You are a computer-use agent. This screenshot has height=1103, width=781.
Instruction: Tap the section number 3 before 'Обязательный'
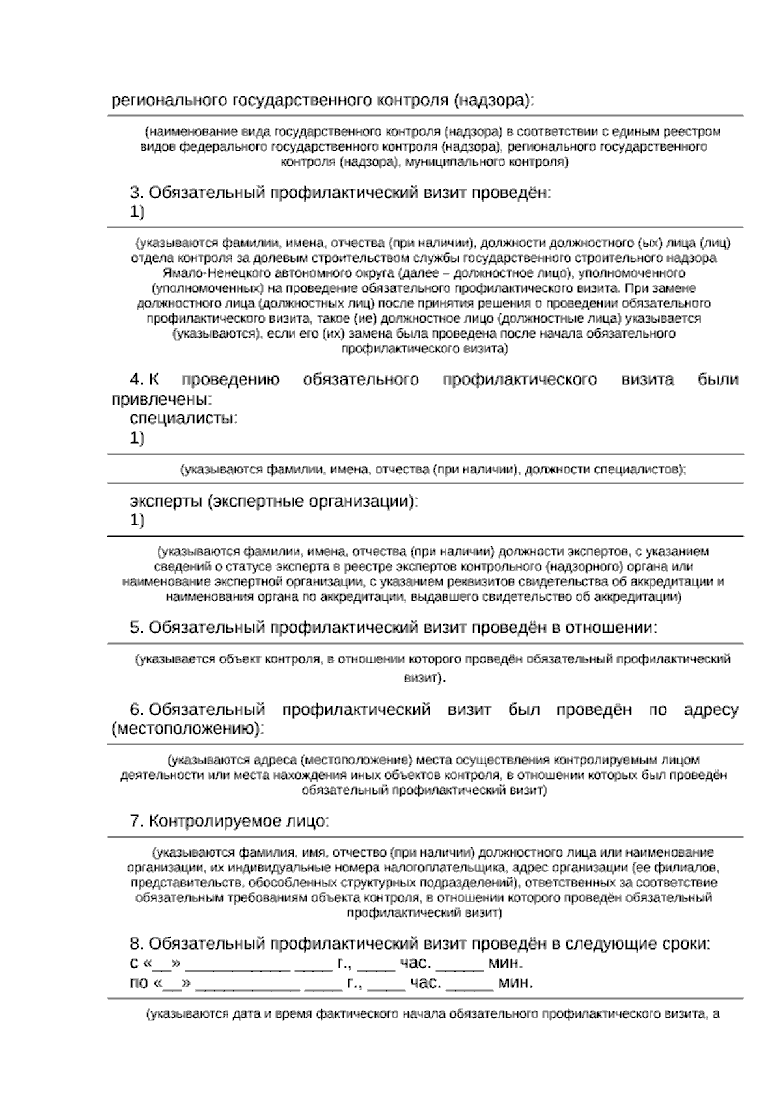tap(135, 193)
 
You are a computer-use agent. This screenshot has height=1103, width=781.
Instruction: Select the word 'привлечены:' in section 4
tap(162, 399)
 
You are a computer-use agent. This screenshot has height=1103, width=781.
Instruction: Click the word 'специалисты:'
tap(184, 418)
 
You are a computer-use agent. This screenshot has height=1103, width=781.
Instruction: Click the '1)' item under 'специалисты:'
tap(137, 438)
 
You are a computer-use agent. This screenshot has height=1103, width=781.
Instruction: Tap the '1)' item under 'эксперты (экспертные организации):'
tap(137, 520)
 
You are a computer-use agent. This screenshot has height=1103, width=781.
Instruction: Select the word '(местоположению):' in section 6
tap(188, 729)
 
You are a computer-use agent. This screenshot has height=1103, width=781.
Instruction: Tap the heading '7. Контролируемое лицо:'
tap(230, 821)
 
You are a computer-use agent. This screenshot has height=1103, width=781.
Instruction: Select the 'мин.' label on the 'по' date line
tap(515, 983)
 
